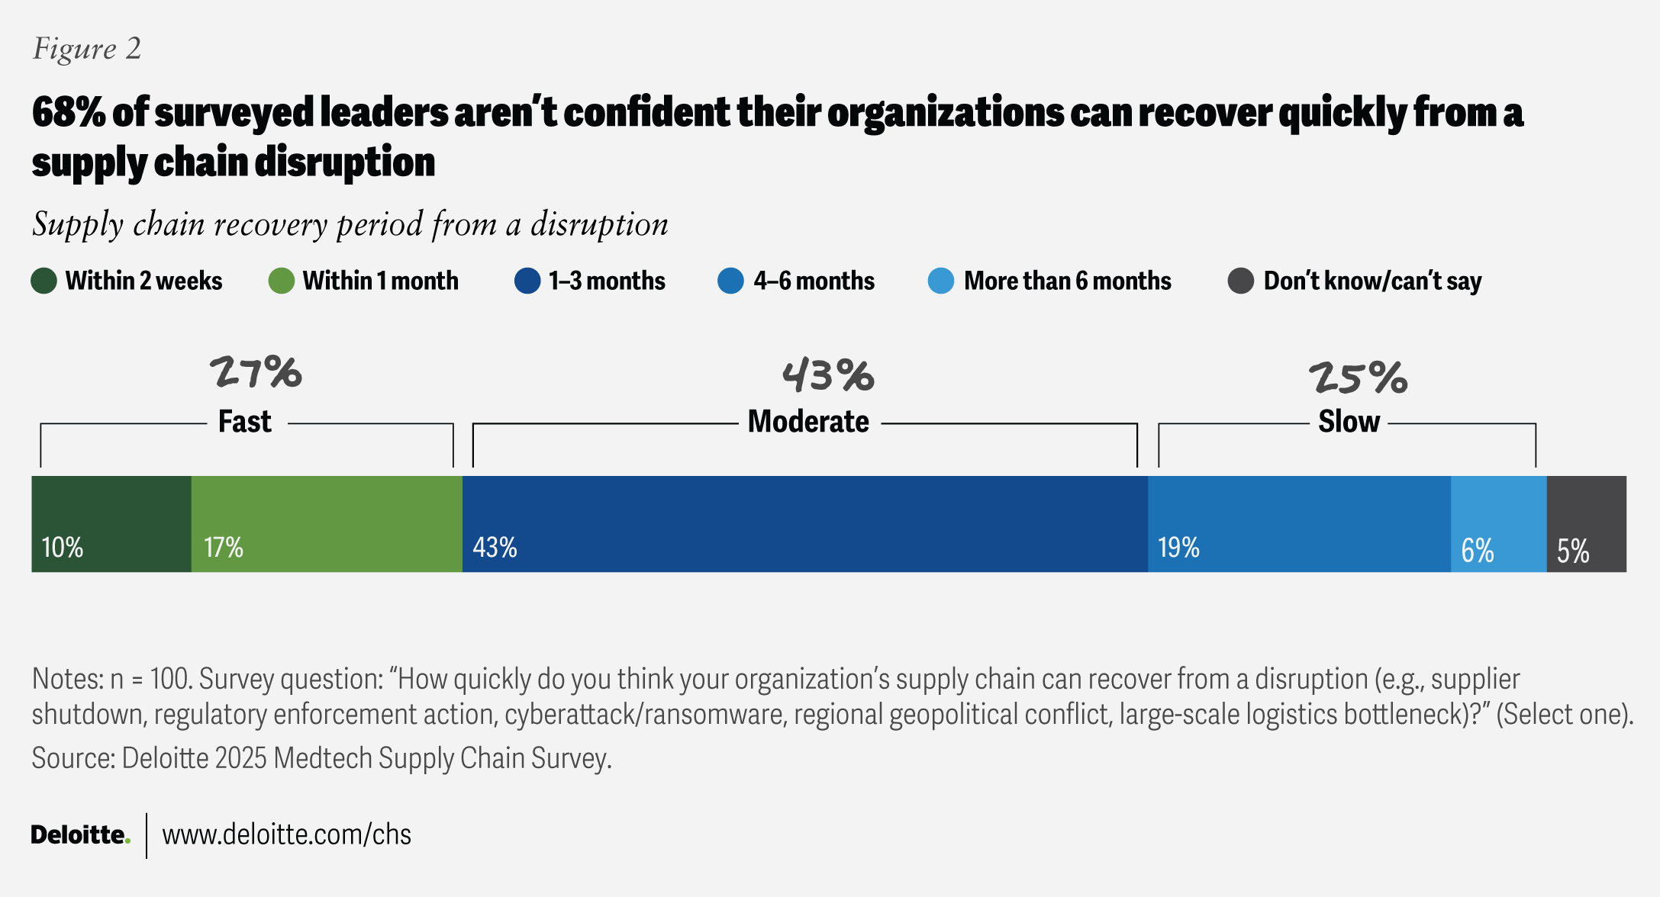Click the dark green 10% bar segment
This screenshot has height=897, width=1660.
[x=111, y=524]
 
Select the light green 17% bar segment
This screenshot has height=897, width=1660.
[x=327, y=524]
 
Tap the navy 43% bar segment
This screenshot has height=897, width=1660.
[x=804, y=524]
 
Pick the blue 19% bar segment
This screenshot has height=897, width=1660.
[x=1299, y=524]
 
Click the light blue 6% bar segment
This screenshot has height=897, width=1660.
[x=1498, y=524]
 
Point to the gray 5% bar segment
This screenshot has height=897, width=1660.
[x=1586, y=524]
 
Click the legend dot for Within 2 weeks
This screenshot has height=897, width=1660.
[x=44, y=281]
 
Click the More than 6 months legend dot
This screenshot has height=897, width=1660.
[x=941, y=281]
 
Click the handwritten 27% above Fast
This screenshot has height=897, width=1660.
[x=256, y=373]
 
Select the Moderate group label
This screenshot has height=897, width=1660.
[x=808, y=422]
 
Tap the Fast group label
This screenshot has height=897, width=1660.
[x=245, y=422]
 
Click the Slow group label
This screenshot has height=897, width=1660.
[x=1349, y=422]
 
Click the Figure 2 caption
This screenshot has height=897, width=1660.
[x=87, y=49]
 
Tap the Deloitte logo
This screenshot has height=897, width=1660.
[x=80, y=834]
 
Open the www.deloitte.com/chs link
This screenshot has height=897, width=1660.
[x=287, y=834]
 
